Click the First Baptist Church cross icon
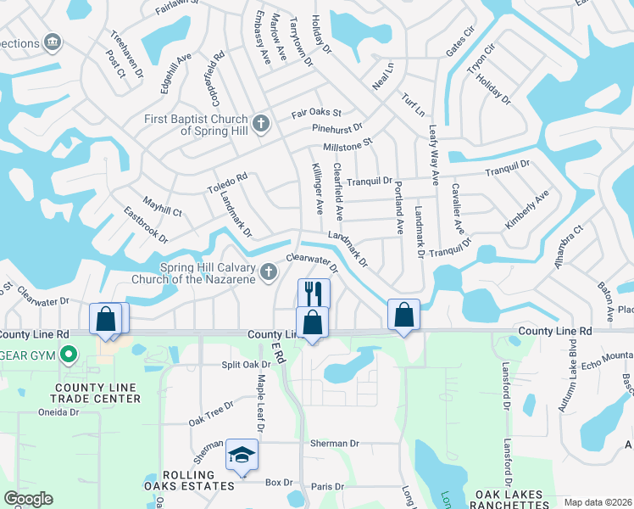click(261, 124)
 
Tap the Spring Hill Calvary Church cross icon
click(269, 271)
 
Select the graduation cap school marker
click(242, 456)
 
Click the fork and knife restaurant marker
click(314, 294)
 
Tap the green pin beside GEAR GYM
click(69, 356)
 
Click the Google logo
click(28, 499)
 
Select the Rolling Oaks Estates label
click(188, 479)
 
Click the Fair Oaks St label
click(316, 112)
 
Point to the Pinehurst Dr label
click(336, 128)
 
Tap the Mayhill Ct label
click(162, 208)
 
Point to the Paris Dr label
click(327, 486)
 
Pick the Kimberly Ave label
click(527, 209)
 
